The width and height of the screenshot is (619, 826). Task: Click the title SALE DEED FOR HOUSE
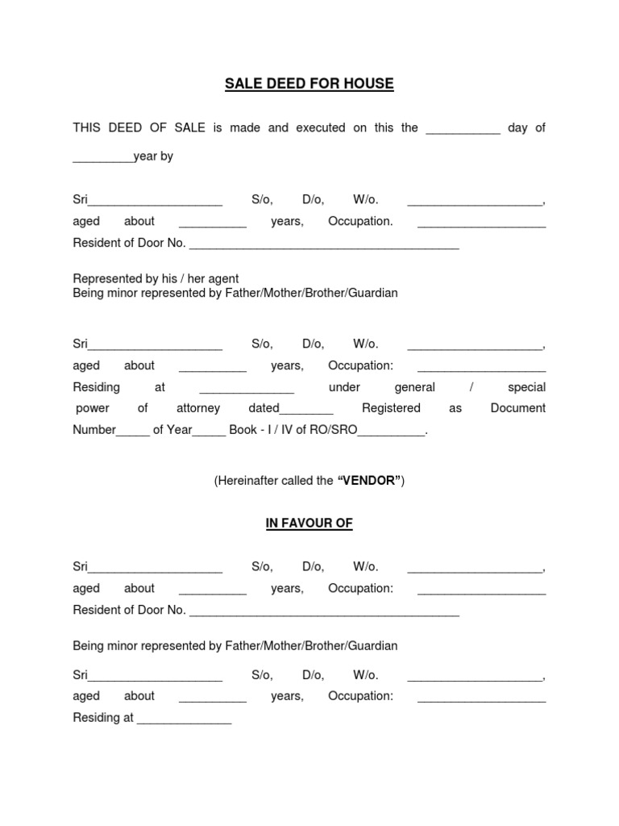coord(309,84)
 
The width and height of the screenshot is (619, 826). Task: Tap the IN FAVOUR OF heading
coord(309,524)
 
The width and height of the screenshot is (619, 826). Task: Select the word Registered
coord(391,408)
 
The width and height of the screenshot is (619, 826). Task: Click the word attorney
coord(197,408)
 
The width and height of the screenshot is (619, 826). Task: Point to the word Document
coord(517,408)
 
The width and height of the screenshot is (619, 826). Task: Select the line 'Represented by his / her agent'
coord(156,279)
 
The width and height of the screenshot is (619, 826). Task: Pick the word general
coord(414,387)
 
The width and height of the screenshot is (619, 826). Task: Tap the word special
coord(526,387)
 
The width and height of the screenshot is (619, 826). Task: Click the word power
coord(92,408)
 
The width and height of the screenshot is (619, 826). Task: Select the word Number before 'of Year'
coord(94,430)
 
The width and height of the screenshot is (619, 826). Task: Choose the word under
coord(344,387)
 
